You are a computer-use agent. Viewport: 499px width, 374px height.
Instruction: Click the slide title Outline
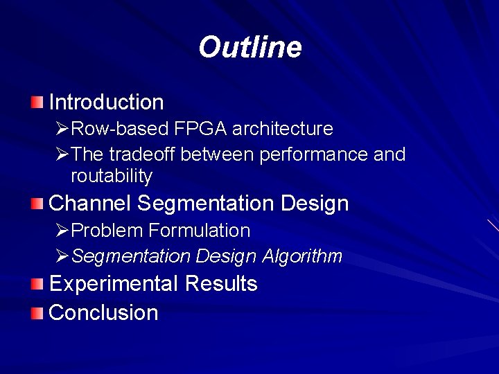(249, 48)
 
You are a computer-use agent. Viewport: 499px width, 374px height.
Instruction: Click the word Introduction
(106, 103)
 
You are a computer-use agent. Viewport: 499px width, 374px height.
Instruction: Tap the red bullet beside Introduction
(37, 103)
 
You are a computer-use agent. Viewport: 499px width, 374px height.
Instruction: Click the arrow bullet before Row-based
(62, 129)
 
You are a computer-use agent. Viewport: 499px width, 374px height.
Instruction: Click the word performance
(314, 154)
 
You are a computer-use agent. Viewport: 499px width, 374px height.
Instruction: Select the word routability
(111, 177)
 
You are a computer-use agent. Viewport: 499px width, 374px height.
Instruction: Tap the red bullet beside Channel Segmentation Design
(37, 204)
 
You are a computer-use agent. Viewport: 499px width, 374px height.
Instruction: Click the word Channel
(90, 204)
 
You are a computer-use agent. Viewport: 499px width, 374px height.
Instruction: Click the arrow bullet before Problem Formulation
(62, 230)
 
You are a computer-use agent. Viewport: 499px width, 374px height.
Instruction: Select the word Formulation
(199, 230)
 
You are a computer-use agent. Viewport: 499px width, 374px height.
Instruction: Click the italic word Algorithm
(302, 256)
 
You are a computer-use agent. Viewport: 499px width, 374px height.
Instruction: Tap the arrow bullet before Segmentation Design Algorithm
(62, 256)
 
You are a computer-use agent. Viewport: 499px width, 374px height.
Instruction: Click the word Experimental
(114, 284)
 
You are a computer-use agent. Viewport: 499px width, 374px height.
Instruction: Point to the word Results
(221, 284)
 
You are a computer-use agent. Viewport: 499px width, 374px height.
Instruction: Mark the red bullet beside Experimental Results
(37, 284)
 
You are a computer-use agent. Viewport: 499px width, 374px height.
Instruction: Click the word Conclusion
(104, 313)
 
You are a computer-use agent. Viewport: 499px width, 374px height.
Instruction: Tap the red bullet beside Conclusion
(37, 313)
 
